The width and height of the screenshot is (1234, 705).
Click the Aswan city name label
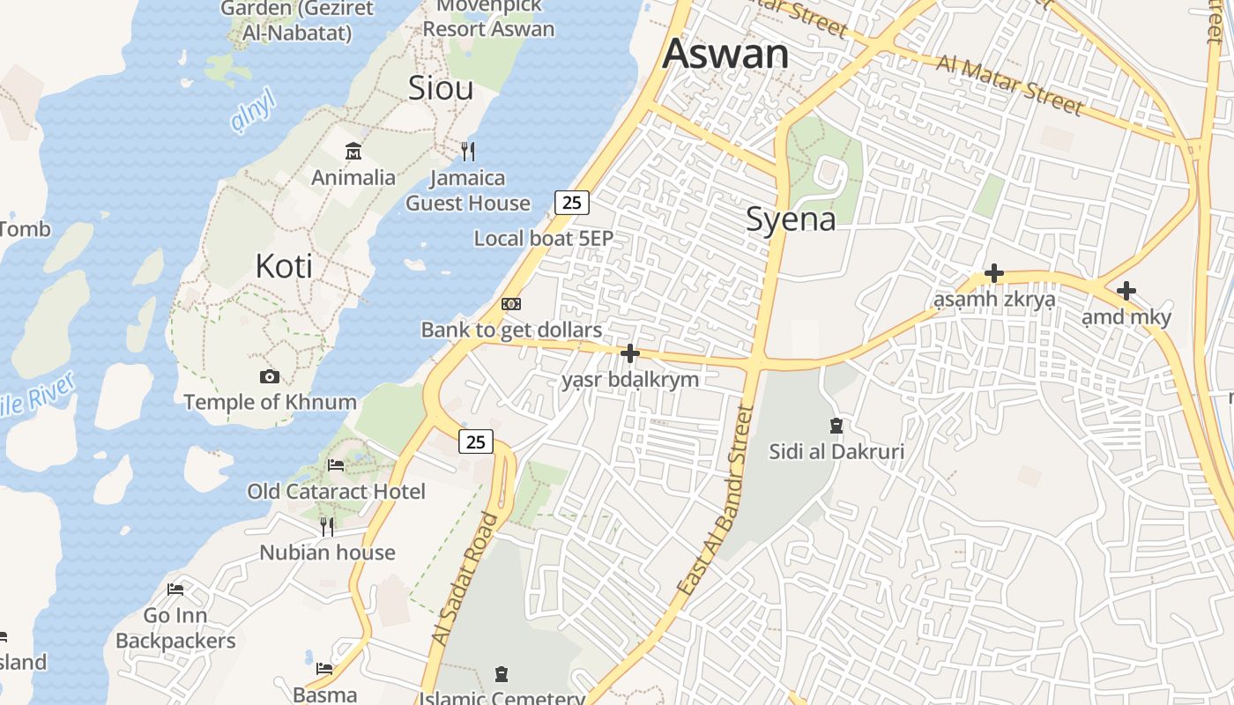point(725,54)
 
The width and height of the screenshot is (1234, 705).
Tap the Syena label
point(791,219)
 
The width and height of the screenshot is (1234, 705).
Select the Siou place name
point(441,87)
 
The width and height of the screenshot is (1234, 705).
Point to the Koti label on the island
point(284,265)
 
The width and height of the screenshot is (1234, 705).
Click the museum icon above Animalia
point(353,152)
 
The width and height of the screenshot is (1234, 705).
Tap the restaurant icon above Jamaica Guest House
point(468,152)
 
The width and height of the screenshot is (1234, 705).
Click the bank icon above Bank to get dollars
point(511,304)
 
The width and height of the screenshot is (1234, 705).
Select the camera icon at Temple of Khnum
point(270,377)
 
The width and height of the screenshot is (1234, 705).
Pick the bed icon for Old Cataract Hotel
point(336,465)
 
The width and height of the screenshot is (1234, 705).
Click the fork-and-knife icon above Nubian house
point(327,526)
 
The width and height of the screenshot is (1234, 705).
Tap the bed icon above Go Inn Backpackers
point(175,590)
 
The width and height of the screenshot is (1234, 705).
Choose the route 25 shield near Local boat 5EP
point(572,203)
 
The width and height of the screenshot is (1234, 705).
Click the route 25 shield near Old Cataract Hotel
point(475,442)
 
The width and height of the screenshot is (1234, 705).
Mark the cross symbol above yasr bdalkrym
point(629,353)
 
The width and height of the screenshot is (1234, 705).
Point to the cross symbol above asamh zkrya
point(993,273)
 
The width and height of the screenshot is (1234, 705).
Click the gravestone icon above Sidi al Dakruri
point(836,427)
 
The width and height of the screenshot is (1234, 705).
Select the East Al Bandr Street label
point(715,500)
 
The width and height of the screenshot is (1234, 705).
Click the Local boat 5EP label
point(543,238)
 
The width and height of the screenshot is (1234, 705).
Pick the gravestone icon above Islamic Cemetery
point(502,675)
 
